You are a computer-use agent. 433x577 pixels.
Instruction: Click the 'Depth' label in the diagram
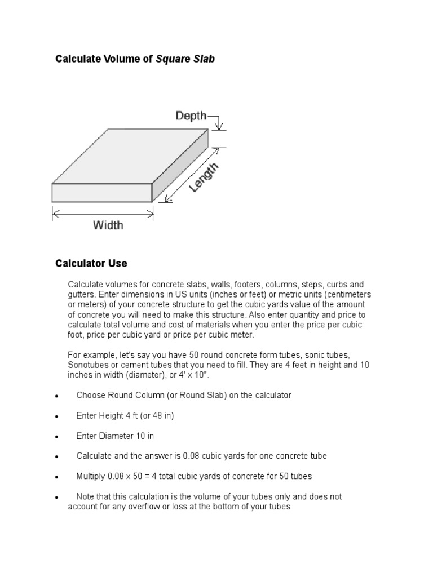click(x=191, y=116)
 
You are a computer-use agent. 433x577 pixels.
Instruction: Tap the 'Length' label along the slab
click(x=204, y=177)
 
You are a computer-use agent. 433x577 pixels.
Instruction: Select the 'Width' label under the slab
click(x=108, y=225)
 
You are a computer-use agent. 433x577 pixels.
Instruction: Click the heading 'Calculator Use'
click(x=91, y=263)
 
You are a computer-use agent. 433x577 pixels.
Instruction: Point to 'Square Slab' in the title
click(x=185, y=59)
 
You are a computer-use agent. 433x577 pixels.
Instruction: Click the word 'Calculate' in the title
click(x=76, y=59)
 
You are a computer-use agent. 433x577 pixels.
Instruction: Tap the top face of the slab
click(x=130, y=155)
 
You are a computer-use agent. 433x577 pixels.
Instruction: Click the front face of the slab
click(x=101, y=193)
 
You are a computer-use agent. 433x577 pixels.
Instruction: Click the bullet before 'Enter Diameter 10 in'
click(x=57, y=437)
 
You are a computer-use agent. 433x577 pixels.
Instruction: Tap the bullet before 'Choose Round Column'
click(x=57, y=396)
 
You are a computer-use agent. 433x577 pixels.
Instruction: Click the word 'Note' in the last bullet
click(x=86, y=496)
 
